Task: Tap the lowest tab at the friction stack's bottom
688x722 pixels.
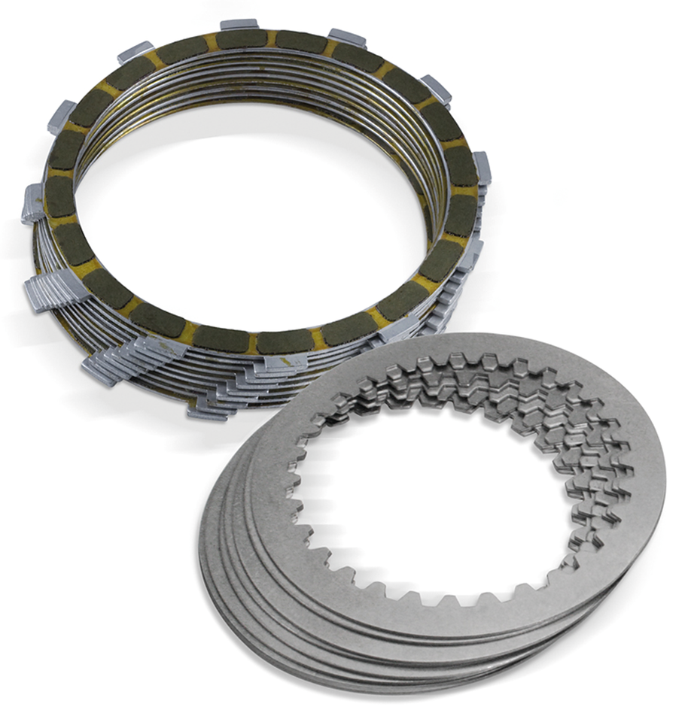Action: point(207,410)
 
